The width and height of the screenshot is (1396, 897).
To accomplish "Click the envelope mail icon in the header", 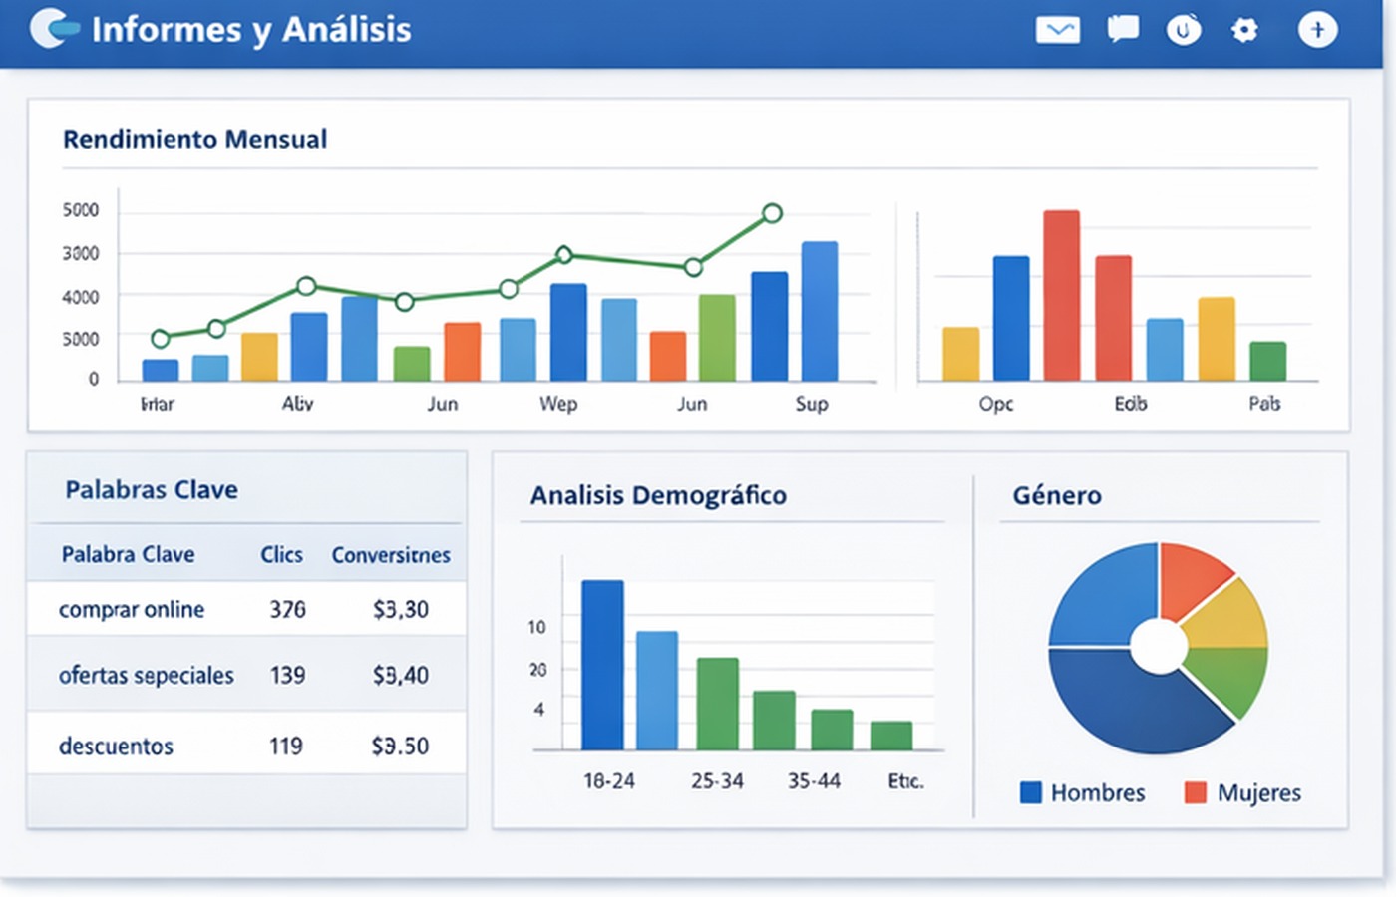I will tap(1057, 30).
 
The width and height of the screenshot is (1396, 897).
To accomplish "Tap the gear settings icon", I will tap(1244, 30).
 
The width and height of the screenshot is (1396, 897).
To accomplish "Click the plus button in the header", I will tap(1317, 30).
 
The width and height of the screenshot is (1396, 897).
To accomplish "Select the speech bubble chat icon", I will tap(1123, 29).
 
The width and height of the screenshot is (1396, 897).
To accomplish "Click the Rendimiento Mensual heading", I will tap(194, 139).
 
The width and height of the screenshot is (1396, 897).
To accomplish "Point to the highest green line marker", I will tap(772, 213).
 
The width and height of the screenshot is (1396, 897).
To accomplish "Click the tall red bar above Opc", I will tap(1061, 295).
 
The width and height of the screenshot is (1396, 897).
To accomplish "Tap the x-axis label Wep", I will tap(558, 404).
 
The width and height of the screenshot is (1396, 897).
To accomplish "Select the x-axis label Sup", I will tap(812, 404).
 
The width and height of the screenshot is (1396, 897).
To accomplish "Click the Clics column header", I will tap(281, 555).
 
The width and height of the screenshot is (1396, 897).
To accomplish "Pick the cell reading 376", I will tap(287, 609).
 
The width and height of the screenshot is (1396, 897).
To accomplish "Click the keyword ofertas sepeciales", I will tap(147, 676).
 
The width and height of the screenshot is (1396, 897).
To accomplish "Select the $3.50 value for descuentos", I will tap(400, 746).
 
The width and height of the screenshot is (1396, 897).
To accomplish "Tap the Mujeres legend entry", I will tap(1243, 793).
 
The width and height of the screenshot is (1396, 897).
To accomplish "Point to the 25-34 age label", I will tap(717, 781).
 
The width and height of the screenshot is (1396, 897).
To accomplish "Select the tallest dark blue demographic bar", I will tap(602, 665).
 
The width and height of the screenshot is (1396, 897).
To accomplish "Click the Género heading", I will tap(1057, 495).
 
